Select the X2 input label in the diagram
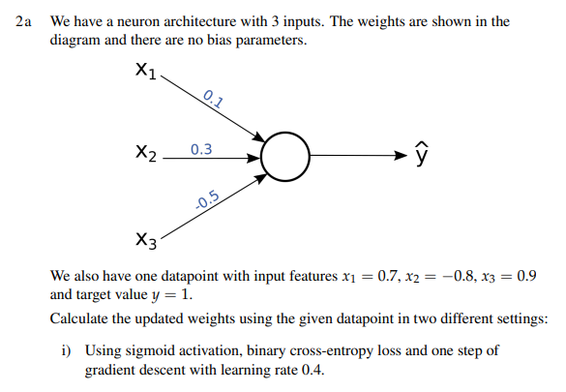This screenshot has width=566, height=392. [x=147, y=153]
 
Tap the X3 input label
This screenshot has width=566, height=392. [x=147, y=239]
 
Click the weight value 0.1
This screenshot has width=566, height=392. [x=214, y=97]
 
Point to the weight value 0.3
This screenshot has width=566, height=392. [x=202, y=148]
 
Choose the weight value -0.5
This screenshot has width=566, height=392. [x=207, y=201]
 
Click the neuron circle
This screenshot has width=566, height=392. [x=285, y=155]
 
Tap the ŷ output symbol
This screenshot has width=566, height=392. [x=420, y=154]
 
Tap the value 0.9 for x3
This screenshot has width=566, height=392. [x=526, y=276]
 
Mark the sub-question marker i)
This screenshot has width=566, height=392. [x=71, y=350]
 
